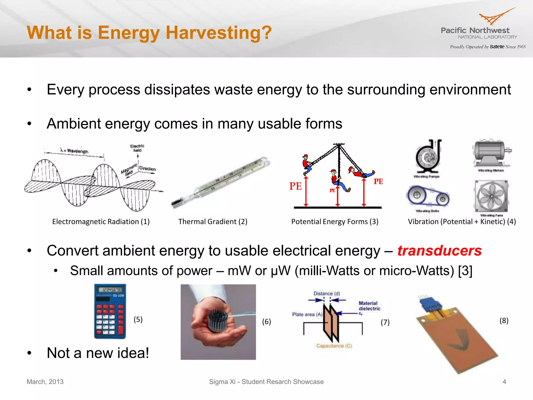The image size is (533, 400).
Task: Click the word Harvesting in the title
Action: tap(219, 33)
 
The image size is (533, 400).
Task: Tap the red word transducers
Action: tap(439, 251)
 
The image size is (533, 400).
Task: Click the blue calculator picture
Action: tap(110, 311)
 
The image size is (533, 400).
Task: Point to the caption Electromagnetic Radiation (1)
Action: tap(101, 222)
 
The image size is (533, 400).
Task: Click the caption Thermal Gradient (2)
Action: tap(213, 222)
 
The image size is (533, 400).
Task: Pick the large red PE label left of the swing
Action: tap(295, 186)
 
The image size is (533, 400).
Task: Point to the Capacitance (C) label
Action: tap(334, 346)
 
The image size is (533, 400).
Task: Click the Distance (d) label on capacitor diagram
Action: tap(327, 293)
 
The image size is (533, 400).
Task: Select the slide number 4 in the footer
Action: tap(504, 382)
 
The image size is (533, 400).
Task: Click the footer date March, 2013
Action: tap(45, 382)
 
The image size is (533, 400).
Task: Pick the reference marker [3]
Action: tap(465, 271)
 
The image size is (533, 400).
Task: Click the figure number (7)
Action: tap(385, 322)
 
